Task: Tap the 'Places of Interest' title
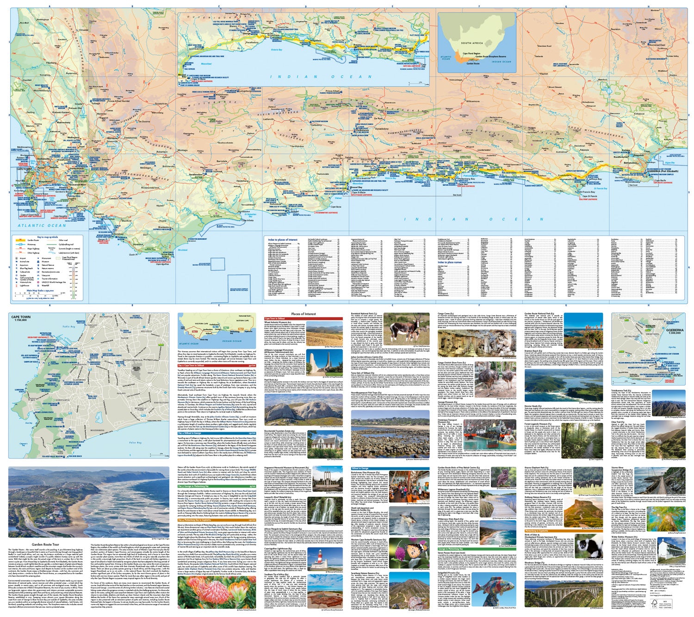pyautogui.click(x=304, y=314)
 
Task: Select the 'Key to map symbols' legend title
pyautogui.click(x=47, y=237)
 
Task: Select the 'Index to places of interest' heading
pyautogui.click(x=283, y=240)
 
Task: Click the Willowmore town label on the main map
pyautogui.click(x=473, y=101)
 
